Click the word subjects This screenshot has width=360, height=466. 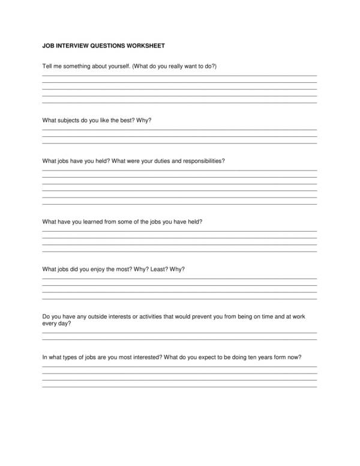tap(71, 121)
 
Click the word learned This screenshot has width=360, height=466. tap(94, 222)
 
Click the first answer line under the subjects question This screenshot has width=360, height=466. tap(179, 130)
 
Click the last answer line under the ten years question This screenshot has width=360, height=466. tap(179, 387)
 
